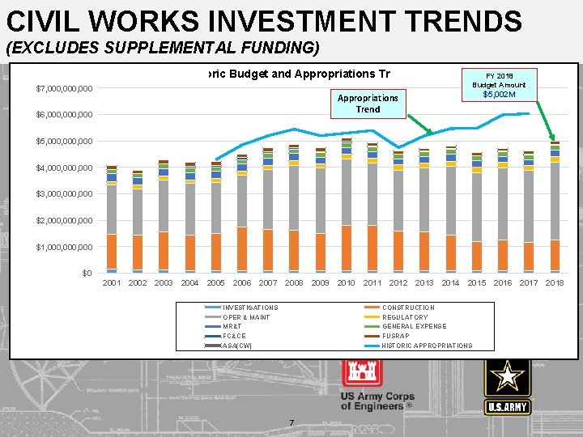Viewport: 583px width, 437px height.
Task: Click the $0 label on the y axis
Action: click(86, 274)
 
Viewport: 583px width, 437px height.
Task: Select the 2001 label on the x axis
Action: click(112, 283)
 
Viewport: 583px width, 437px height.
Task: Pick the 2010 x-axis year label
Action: click(346, 283)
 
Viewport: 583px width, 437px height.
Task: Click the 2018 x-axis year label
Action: click(555, 283)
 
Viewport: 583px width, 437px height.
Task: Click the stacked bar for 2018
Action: click(555, 207)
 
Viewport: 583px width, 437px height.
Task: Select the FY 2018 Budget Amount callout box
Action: click(504, 83)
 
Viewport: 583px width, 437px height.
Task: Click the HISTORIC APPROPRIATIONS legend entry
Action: click(426, 346)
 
